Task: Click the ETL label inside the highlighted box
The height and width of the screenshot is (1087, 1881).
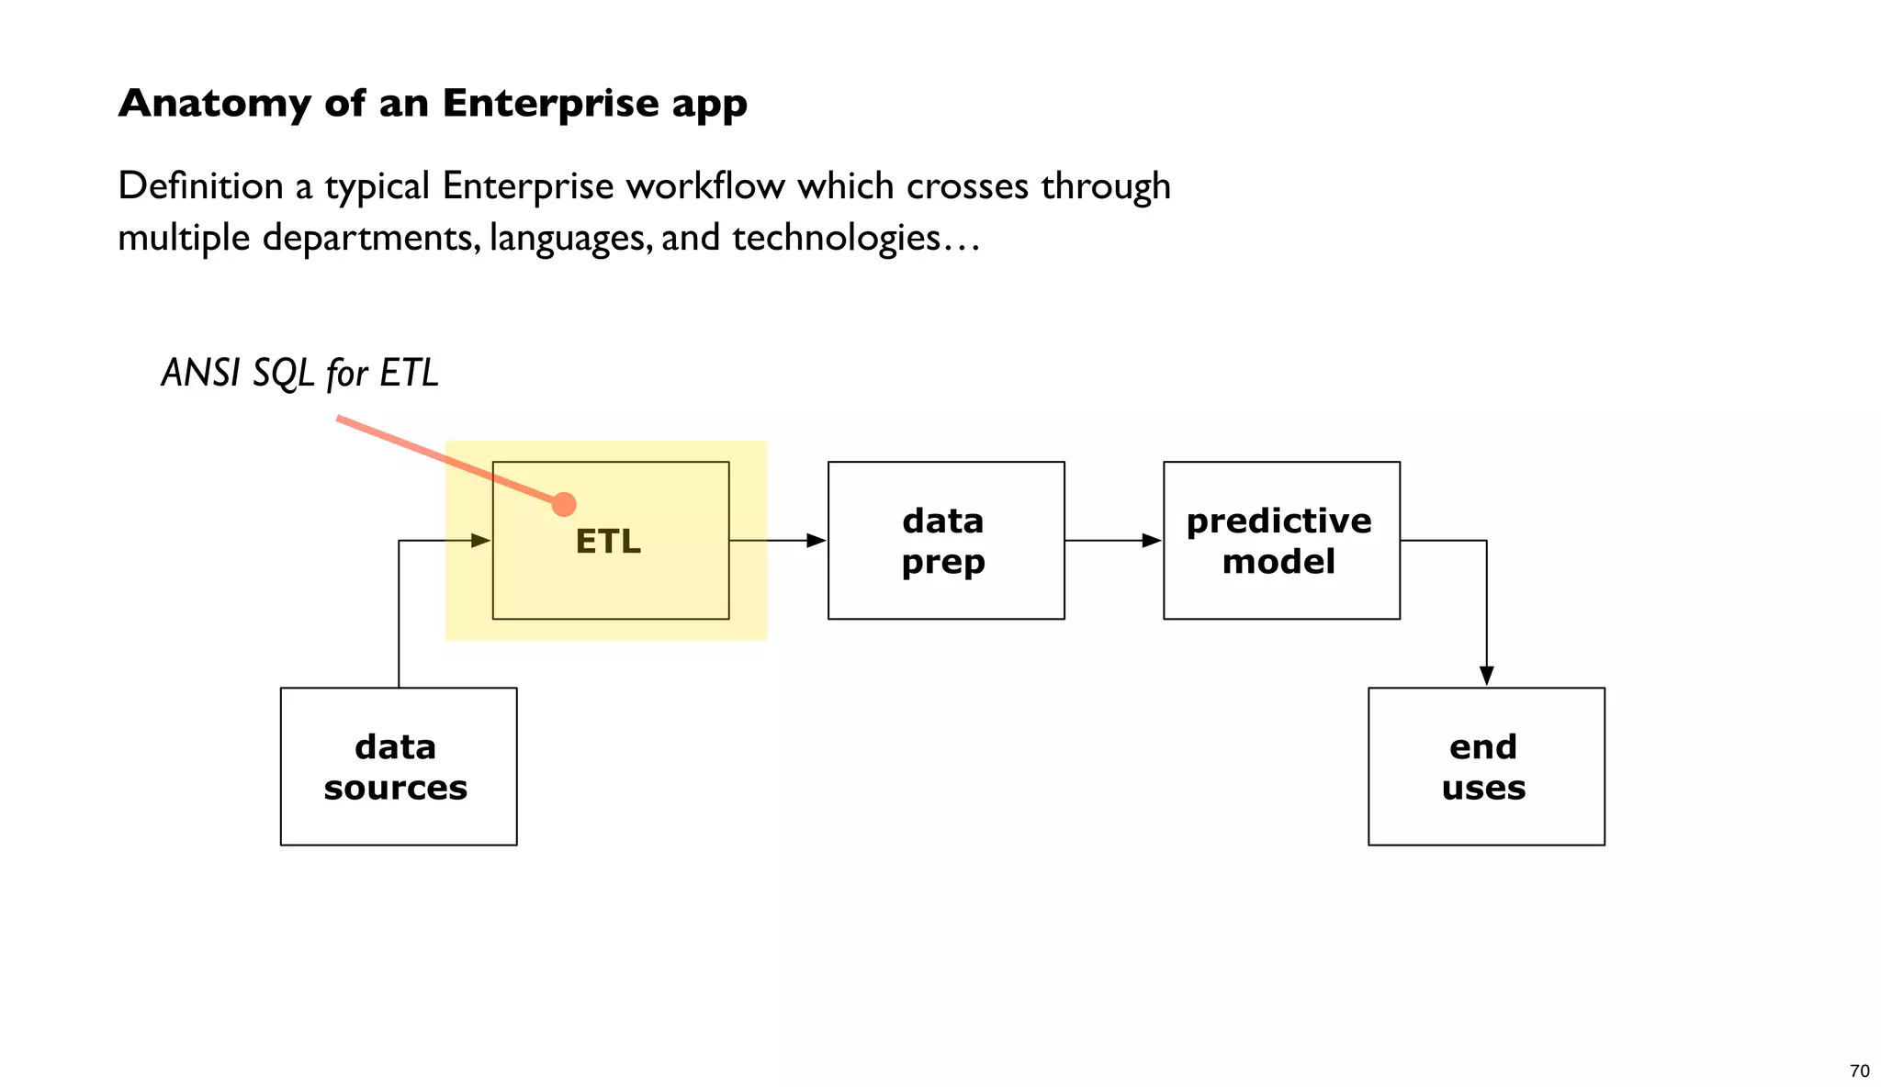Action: tap(608, 542)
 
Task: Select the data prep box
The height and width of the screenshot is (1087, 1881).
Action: tap(945, 541)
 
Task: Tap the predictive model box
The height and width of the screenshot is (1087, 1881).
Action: tap(1280, 541)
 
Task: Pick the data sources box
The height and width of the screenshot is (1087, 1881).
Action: tap(398, 767)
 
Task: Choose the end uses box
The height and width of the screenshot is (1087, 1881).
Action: tap(1485, 767)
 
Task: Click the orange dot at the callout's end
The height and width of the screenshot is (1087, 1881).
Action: tap(564, 504)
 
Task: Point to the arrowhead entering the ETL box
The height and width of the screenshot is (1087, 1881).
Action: tap(481, 541)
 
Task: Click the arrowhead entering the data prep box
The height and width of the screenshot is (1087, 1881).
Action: tap(817, 541)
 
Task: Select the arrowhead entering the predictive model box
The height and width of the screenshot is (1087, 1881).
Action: tap(1152, 541)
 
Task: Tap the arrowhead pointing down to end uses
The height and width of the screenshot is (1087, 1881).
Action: tap(1486, 676)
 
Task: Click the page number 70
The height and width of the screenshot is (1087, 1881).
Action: tap(1859, 1071)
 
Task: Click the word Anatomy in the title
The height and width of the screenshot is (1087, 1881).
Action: tap(214, 104)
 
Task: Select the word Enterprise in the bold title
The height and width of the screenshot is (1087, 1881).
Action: tap(549, 104)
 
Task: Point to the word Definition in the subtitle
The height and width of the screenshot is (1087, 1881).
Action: tap(200, 186)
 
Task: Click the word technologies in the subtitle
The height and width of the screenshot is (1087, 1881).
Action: tap(836, 238)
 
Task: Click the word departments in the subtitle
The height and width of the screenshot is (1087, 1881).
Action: tap(370, 238)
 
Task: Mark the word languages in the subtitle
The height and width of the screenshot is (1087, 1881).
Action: tap(570, 238)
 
